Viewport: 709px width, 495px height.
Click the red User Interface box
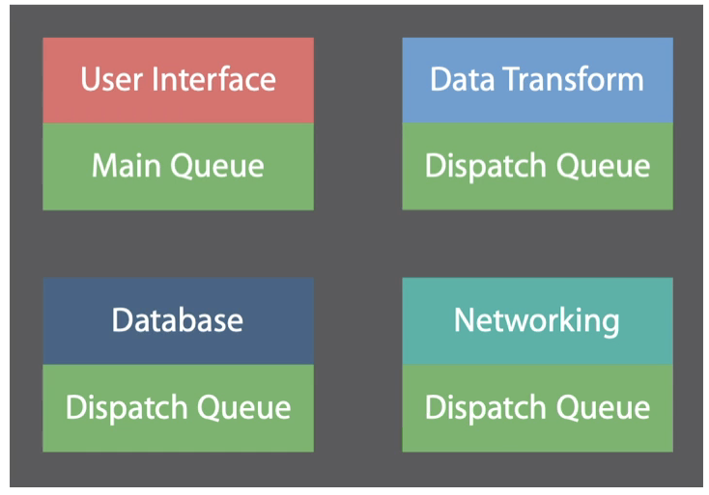[x=178, y=80]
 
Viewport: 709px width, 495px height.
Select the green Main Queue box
[x=178, y=166]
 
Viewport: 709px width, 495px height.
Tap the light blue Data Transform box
[x=537, y=80]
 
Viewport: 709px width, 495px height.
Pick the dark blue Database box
[x=178, y=320]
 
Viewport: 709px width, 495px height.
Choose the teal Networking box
[x=537, y=320]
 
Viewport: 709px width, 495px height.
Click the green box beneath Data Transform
[x=537, y=166]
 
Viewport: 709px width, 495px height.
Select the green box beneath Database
[x=178, y=407]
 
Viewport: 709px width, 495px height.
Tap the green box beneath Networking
[x=537, y=407]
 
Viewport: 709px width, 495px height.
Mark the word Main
[x=126, y=166]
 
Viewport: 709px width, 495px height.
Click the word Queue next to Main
[x=216, y=167]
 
